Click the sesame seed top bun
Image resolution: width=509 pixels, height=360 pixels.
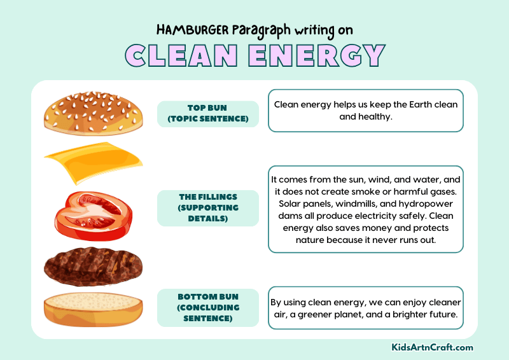[94, 111]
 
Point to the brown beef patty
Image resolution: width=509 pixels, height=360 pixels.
[93, 265]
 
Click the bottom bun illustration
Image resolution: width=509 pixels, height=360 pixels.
[93, 308]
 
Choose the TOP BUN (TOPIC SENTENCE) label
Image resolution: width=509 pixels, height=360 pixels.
[207, 114]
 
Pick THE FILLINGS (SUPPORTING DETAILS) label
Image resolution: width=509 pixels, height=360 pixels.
[207, 208]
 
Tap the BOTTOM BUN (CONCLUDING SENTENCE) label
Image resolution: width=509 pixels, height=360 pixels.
[207, 307]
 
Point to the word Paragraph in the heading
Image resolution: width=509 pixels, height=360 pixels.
[261, 30]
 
